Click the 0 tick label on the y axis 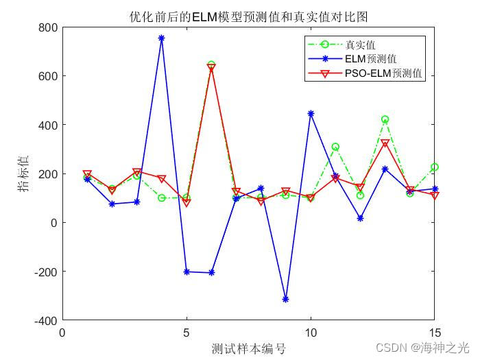53,223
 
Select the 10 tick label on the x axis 311,333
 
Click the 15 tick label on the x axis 434,333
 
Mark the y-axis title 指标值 24,174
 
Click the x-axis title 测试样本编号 248,349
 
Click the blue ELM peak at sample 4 162,38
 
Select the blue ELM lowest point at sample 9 285,300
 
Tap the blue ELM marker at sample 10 311,114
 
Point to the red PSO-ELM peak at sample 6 211,68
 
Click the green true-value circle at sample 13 385,119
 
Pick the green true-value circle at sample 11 335,147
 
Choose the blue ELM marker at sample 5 187,272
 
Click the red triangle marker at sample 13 385,143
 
